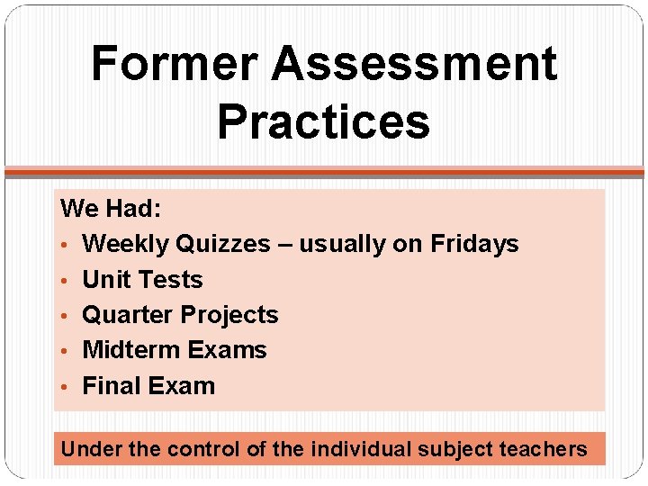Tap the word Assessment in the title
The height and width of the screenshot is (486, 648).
point(414,64)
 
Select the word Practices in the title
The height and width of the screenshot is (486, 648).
point(324,121)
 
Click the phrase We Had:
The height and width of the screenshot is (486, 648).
point(111,209)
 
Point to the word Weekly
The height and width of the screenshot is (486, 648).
point(126,244)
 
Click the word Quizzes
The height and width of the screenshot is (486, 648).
point(223,244)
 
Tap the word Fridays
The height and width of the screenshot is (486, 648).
point(474,244)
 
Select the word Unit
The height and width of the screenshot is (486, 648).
point(104,280)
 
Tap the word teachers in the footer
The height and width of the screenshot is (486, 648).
point(545,449)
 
